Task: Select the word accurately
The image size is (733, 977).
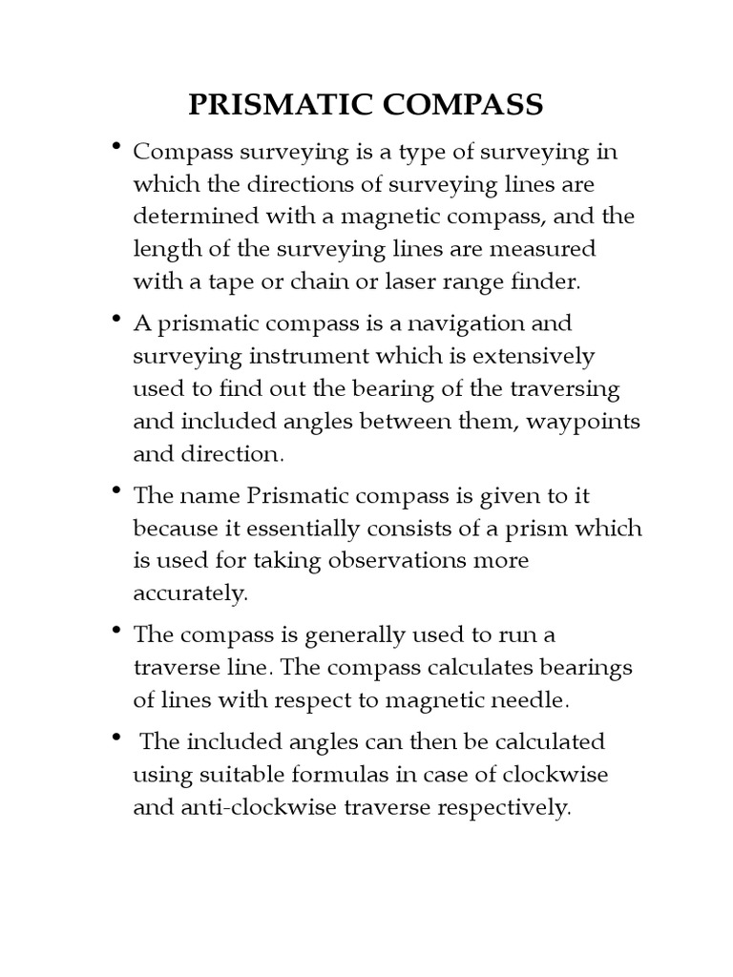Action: (x=190, y=592)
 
